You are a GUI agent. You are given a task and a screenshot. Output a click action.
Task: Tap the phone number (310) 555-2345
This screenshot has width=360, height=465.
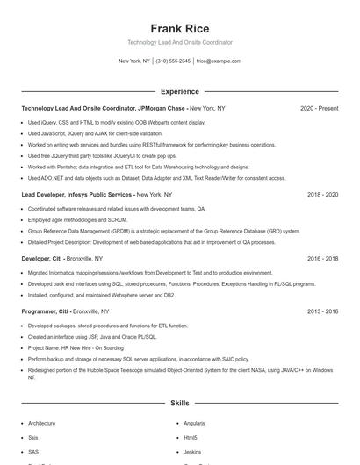pyautogui.click(x=174, y=61)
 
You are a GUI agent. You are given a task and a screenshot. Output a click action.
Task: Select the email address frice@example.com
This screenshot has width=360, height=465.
pyautogui.click(x=219, y=61)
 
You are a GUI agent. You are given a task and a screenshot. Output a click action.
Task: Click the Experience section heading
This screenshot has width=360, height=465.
pyautogui.click(x=179, y=91)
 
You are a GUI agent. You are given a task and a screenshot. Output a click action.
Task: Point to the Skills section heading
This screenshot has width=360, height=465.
pyautogui.click(x=179, y=404)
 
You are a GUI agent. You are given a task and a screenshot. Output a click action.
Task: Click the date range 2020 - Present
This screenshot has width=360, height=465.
pyautogui.click(x=319, y=108)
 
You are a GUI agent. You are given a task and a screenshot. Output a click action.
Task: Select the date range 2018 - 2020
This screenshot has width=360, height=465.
pyautogui.click(x=322, y=194)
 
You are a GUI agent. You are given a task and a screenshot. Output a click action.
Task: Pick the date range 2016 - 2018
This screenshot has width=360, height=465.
pyautogui.click(x=322, y=259)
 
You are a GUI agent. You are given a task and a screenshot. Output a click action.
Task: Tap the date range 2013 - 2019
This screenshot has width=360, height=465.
pyautogui.click(x=322, y=311)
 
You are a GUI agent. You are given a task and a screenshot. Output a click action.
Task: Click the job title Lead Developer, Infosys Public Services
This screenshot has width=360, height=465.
pyautogui.click(x=77, y=194)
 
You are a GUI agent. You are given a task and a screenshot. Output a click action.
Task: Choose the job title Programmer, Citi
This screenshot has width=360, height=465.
pyautogui.click(x=46, y=311)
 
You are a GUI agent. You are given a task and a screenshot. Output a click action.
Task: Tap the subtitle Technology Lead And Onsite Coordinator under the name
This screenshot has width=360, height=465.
pyautogui.click(x=179, y=42)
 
